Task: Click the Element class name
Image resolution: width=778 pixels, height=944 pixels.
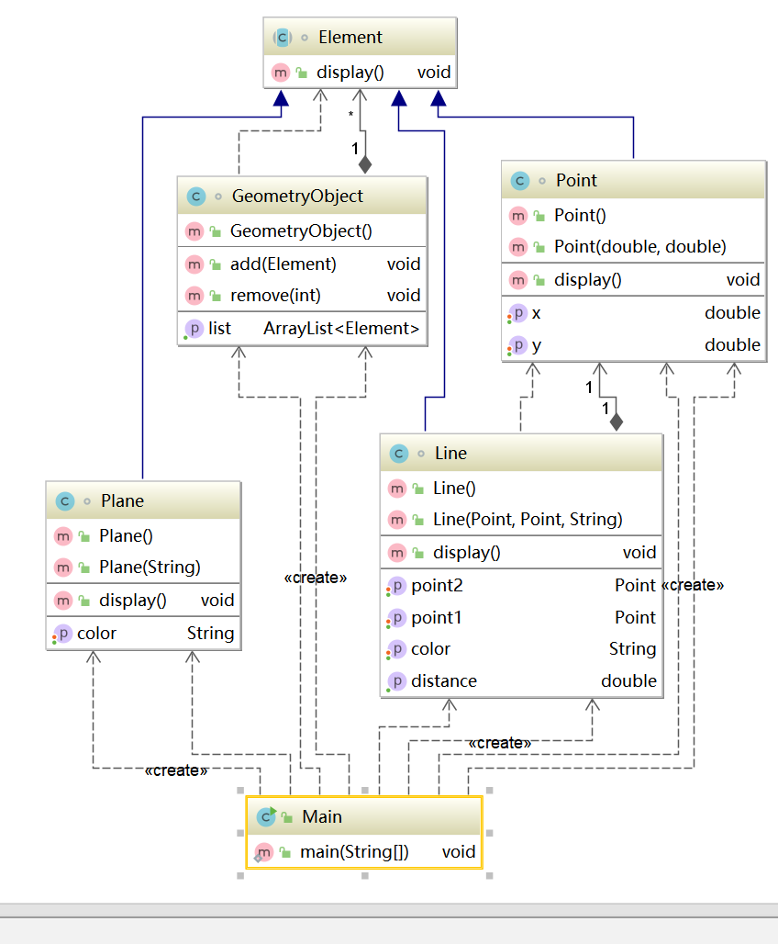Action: click(350, 38)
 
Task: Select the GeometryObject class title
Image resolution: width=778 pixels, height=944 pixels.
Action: click(296, 196)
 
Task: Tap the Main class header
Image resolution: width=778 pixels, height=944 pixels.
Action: click(321, 816)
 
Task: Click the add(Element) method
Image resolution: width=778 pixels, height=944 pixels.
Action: click(283, 264)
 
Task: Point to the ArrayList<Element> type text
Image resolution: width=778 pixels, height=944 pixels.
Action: click(341, 328)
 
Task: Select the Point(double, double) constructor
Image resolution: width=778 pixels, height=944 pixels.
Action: click(639, 246)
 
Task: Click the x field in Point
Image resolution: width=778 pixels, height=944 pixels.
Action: click(536, 313)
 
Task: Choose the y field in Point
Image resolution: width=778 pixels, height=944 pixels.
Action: click(536, 345)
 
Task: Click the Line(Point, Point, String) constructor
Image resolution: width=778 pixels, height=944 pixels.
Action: click(528, 520)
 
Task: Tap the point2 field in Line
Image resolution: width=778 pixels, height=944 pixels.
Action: click(437, 585)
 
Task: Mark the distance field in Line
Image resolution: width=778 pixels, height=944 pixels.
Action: click(444, 681)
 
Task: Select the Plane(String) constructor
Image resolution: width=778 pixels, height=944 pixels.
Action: click(150, 567)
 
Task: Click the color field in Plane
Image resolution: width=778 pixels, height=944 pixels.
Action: click(96, 633)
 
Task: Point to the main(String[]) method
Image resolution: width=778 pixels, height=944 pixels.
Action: click(354, 852)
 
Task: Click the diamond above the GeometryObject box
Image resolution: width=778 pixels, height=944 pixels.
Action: click(365, 164)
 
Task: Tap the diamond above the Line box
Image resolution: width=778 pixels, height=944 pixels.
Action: click(616, 421)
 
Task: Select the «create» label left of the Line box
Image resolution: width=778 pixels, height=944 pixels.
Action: click(316, 578)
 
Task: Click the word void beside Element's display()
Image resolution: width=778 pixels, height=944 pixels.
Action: click(433, 72)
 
